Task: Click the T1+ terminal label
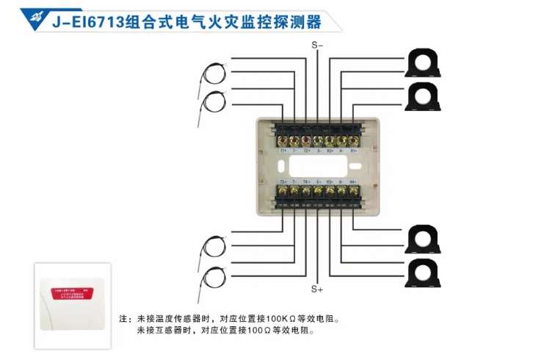[283, 151]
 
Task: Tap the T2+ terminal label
[307, 151]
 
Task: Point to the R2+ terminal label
[330, 151]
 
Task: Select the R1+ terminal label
[353, 151]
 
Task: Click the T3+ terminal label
[283, 181]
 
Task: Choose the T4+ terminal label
[307, 181]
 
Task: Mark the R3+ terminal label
[330, 181]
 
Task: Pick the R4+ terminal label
[353, 181]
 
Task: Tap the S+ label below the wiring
[318, 289]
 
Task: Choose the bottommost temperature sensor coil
[214, 276]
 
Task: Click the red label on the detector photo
[73, 291]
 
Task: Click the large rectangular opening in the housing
[318, 166]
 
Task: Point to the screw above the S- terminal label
[318, 140]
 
